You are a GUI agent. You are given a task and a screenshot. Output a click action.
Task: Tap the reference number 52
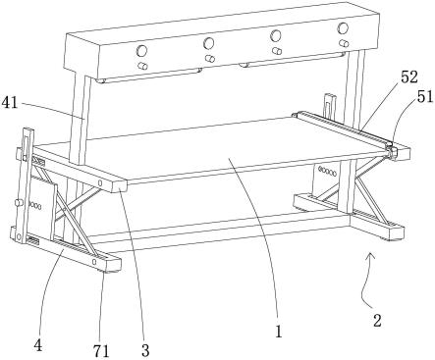409,77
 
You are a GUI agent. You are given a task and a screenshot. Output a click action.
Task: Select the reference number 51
425,97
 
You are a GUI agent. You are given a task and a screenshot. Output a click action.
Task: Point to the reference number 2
377,321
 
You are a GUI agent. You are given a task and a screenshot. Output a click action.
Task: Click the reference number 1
278,333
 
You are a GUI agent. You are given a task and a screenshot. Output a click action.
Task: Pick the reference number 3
145,350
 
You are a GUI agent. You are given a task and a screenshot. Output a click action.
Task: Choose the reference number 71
101,351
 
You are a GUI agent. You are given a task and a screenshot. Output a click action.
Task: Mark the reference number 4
38,345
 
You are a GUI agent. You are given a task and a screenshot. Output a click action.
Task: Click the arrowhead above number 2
370,256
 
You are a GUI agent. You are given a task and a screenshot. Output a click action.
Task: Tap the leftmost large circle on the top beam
142,51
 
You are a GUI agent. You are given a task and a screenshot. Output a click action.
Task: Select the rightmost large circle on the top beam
343,28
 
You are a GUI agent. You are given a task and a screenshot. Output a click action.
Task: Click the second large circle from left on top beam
208,43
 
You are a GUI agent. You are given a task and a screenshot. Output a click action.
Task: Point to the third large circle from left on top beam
276,35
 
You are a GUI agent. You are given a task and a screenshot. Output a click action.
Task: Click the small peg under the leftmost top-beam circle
142,65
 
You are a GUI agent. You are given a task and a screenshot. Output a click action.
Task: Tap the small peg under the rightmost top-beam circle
344,43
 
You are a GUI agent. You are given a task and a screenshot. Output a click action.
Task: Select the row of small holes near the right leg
327,172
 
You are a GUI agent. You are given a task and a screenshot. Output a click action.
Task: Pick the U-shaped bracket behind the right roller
329,106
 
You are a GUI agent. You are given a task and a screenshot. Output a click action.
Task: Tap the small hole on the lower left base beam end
94,261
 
